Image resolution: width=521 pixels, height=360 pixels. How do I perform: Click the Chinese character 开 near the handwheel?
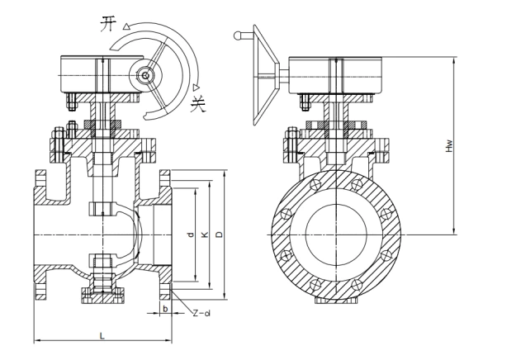click(x=109, y=24)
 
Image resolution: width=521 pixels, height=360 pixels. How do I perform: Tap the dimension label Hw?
click(x=449, y=145)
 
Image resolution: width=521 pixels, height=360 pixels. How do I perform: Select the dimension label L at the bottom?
click(x=102, y=336)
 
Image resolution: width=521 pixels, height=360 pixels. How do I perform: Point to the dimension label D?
click(x=219, y=234)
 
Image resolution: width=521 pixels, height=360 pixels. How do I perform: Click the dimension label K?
click(x=205, y=234)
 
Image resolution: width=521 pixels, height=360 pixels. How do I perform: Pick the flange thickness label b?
click(x=165, y=309)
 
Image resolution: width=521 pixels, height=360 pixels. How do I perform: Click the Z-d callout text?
click(x=202, y=312)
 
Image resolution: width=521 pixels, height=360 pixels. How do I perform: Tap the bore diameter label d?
click(x=191, y=234)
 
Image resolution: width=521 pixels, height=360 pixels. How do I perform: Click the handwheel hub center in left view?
click(x=145, y=76)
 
